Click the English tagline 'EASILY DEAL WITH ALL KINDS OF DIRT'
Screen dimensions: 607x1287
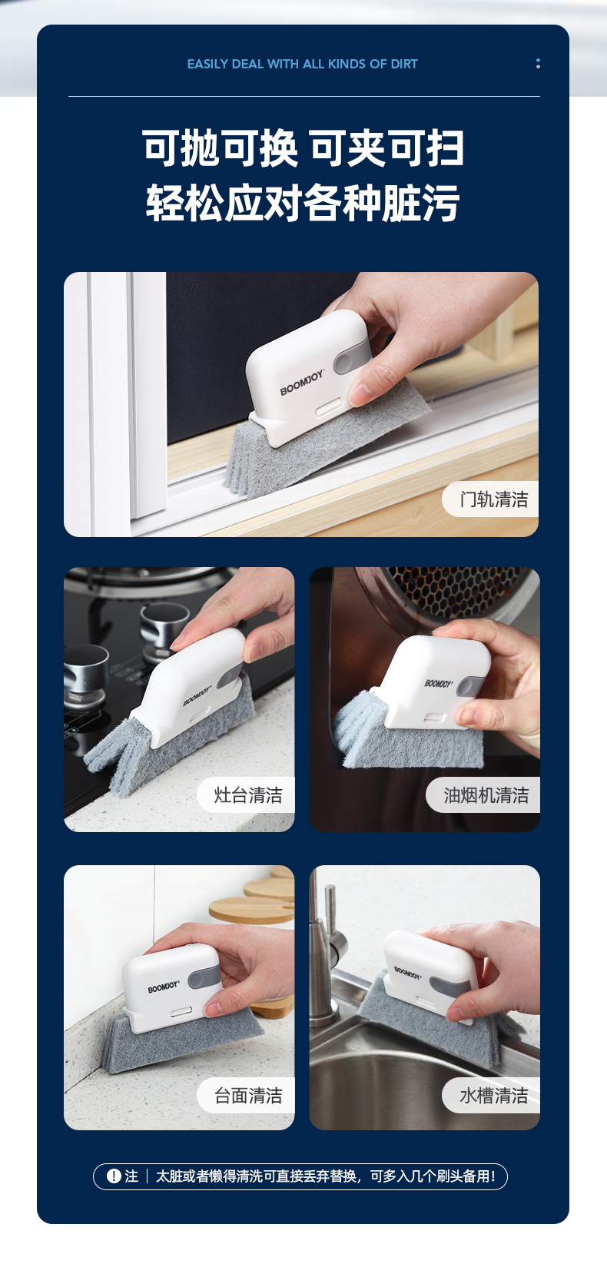(303, 64)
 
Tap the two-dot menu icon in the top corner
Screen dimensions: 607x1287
(538, 63)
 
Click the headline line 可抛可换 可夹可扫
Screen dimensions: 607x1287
(303, 148)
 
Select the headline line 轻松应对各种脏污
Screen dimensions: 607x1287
(303, 203)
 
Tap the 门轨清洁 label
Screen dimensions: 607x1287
(494, 499)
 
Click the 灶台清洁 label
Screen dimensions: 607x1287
(248, 794)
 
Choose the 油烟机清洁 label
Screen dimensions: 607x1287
(486, 794)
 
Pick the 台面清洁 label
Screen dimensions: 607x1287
(248, 1095)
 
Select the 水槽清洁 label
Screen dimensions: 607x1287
(494, 1095)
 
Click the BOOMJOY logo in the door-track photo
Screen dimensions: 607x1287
(303, 382)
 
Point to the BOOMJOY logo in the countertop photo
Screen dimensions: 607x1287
(164, 987)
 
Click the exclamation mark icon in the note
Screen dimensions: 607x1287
(114, 1176)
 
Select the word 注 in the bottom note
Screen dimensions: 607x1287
(131, 1176)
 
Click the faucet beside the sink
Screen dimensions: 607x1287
(327, 954)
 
